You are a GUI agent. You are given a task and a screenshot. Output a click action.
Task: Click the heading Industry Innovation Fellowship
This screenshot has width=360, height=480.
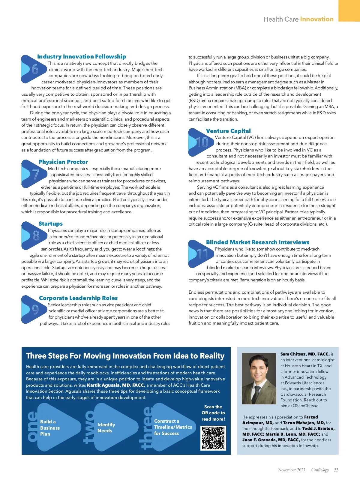82,56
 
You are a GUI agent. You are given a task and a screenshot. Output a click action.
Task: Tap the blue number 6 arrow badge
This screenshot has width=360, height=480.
32,69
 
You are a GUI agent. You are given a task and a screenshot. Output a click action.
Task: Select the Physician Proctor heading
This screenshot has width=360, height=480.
63,162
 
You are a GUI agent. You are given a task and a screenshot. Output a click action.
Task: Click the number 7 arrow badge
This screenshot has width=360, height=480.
33,174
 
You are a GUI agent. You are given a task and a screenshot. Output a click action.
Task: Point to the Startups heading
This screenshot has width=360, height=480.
51,223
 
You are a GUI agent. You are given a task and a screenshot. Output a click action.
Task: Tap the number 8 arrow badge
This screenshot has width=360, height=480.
33,235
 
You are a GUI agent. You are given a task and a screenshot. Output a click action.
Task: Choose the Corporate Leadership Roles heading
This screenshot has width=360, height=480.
78,298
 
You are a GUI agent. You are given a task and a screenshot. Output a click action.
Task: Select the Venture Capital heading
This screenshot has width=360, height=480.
228,131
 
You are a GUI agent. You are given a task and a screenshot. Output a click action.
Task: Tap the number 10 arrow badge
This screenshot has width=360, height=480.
200,142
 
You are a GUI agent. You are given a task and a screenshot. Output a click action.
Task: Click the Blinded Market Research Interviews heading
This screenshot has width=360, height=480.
258,242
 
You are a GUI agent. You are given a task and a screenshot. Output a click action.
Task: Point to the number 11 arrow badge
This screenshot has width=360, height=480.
200,254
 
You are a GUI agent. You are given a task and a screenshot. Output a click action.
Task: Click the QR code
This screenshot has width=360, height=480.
213,438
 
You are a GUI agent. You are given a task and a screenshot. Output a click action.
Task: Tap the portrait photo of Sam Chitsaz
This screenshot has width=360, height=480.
259,379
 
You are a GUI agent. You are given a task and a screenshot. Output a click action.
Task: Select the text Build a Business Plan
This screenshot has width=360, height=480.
50,428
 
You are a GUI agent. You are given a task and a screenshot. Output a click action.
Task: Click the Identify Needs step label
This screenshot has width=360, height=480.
106,427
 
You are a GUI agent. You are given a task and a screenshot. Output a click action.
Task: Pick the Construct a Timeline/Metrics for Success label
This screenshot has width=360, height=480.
173,427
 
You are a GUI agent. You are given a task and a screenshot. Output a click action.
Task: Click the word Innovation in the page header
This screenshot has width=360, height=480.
317,19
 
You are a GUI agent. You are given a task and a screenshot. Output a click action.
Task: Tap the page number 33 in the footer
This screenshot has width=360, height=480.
336,470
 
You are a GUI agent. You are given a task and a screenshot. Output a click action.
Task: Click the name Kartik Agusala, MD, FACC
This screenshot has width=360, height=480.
116,385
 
